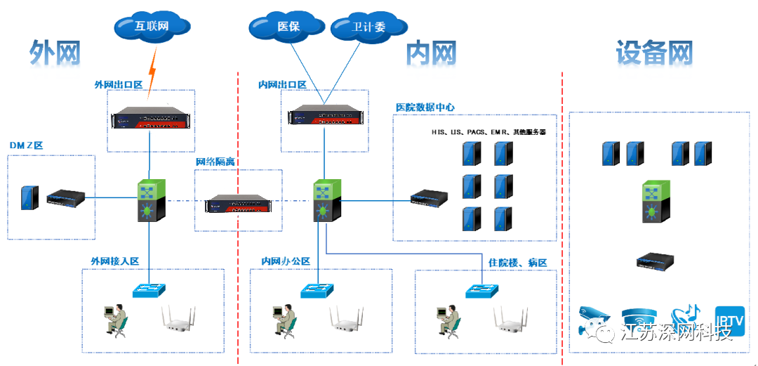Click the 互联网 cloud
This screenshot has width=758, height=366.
(x=152, y=27)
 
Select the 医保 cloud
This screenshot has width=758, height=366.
(x=288, y=27)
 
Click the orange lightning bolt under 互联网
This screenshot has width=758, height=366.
(x=152, y=71)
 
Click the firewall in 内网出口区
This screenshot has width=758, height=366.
(x=324, y=115)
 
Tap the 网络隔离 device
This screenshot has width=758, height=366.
(x=237, y=204)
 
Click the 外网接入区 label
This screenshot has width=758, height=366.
(x=115, y=261)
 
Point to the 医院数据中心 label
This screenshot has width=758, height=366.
(x=425, y=107)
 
